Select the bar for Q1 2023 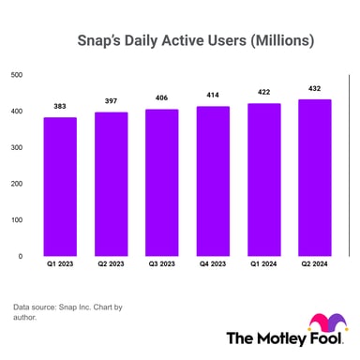point(59,187)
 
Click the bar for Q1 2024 point(263,179)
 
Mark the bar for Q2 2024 point(314,177)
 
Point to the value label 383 point(59,106)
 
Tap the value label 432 point(314,88)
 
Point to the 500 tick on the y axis point(16,75)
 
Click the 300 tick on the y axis point(16,147)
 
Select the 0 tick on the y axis point(21,255)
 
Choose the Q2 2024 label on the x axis point(314,264)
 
